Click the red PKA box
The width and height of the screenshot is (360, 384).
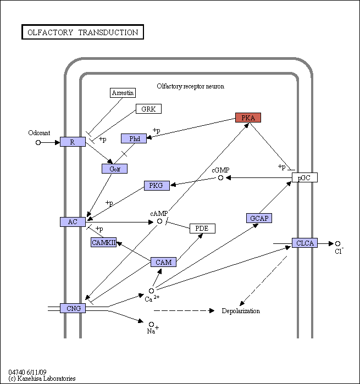[x=248, y=118]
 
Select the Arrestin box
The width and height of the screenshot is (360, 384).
[x=123, y=93]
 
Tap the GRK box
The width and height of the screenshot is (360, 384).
[x=148, y=109]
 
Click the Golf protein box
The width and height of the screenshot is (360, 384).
[x=114, y=169]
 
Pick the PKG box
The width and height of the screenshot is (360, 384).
[x=157, y=186]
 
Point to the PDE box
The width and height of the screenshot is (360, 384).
[x=202, y=229]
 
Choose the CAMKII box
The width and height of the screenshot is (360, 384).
[x=103, y=242]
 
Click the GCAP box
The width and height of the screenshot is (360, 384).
[x=259, y=218]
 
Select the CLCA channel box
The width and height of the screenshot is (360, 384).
[x=304, y=243]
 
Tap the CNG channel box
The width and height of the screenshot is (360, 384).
[x=73, y=308]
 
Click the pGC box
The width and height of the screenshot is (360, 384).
[x=304, y=177]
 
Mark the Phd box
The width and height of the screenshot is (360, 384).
[x=134, y=138]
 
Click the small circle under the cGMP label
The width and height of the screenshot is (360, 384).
[x=220, y=178]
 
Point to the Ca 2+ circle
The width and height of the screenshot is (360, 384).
[x=152, y=291]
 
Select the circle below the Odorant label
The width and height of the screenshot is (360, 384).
[x=38, y=142]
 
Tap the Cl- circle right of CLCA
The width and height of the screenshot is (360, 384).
[x=337, y=244]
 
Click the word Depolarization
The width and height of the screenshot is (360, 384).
[x=241, y=311]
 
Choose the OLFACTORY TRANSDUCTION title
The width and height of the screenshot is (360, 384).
[x=82, y=32]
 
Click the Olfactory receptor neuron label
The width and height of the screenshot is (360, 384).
[x=190, y=86]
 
